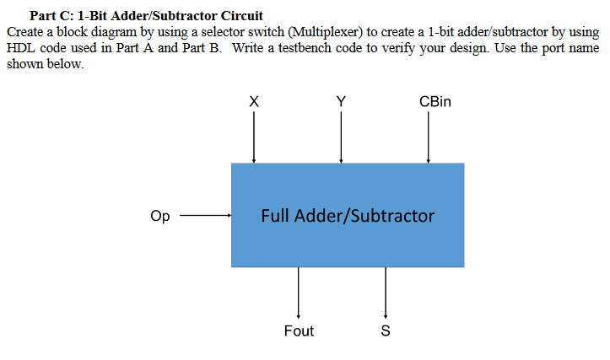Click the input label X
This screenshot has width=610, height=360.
point(254,101)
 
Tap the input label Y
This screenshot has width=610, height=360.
point(341,101)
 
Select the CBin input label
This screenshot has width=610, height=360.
point(435,101)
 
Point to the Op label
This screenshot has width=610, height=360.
point(159,217)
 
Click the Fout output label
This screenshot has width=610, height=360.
point(299,331)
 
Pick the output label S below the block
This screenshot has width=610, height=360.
point(386,331)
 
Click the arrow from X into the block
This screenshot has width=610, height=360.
point(254,137)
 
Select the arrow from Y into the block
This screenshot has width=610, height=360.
point(341,137)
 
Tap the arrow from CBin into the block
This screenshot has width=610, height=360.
point(429,137)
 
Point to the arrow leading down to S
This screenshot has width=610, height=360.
point(386,292)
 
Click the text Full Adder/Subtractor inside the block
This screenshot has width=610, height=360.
point(348,216)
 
